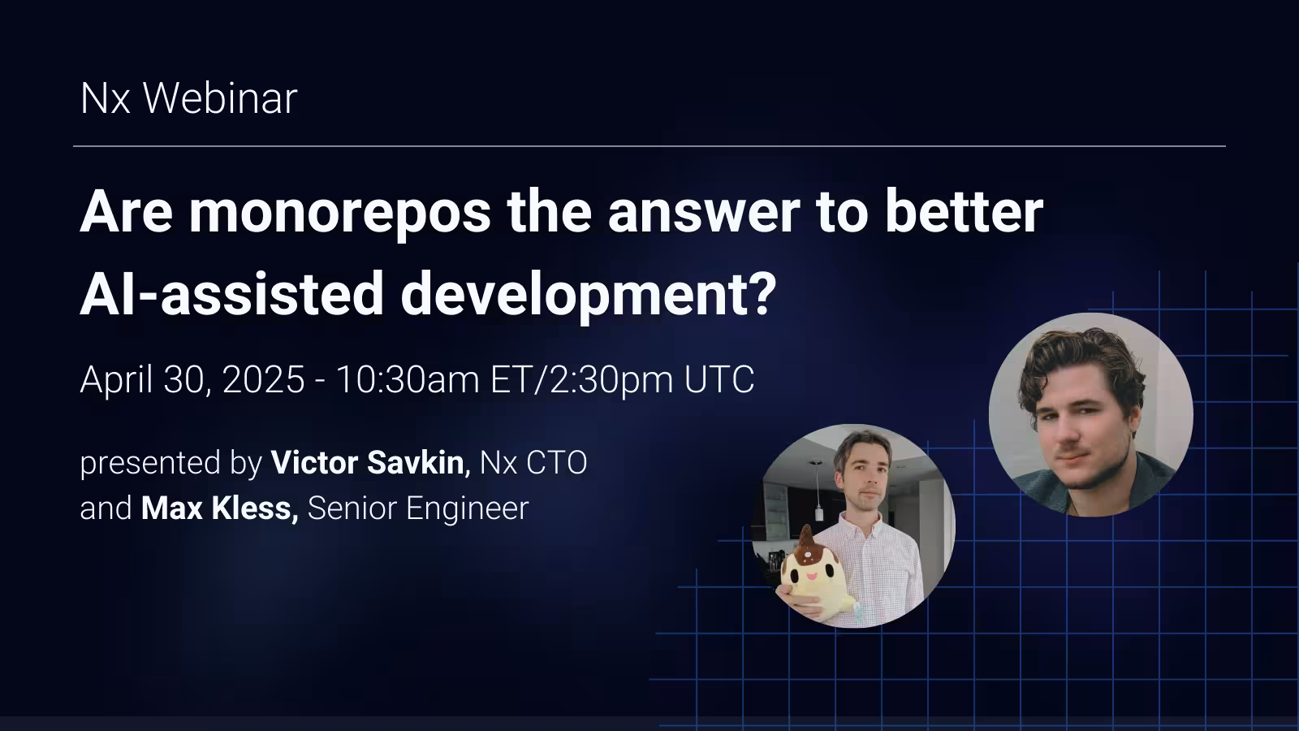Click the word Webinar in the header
click(220, 98)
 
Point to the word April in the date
click(114, 380)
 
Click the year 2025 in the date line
click(263, 379)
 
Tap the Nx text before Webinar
click(105, 98)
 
